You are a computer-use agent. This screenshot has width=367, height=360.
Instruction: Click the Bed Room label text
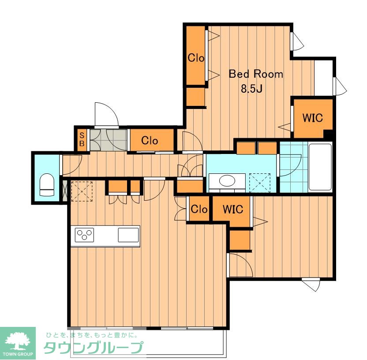pyautogui.click(x=256, y=74)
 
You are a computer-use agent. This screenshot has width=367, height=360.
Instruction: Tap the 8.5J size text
pyautogui.click(x=252, y=89)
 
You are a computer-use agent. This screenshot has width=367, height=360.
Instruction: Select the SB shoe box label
pyautogui.click(x=82, y=139)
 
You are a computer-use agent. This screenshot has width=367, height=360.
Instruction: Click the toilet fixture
pyautogui.click(x=47, y=184)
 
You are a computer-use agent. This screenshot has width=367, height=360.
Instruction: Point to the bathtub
pyautogui.click(x=320, y=167)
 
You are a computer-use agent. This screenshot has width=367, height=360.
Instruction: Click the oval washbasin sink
pyautogui.click(x=227, y=181)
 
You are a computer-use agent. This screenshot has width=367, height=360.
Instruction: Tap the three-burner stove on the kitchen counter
pyautogui.click(x=85, y=235)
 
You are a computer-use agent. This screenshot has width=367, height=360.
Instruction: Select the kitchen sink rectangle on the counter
pyautogui.click(x=128, y=235)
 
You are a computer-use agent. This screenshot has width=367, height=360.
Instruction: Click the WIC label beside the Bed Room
pyautogui.click(x=313, y=118)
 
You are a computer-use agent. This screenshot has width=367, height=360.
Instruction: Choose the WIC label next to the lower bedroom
pyautogui.click(x=233, y=209)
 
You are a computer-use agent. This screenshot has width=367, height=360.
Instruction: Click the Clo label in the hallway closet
pyautogui.click(x=150, y=140)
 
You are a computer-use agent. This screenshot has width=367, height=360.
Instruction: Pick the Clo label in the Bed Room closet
pyautogui.click(x=196, y=58)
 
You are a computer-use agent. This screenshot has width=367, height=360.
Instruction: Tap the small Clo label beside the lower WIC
pyautogui.click(x=199, y=209)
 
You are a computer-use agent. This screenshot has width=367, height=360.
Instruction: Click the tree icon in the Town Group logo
pyautogui.click(x=18, y=340)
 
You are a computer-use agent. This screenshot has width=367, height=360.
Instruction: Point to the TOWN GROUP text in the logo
pyautogui.click(x=18, y=354)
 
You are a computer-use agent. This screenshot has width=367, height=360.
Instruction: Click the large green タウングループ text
pyautogui.click(x=93, y=347)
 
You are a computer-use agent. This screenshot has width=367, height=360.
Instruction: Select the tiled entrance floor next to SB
pyautogui.click(x=109, y=140)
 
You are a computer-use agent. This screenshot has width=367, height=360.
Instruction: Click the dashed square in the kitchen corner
pyautogui.click(x=82, y=191)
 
